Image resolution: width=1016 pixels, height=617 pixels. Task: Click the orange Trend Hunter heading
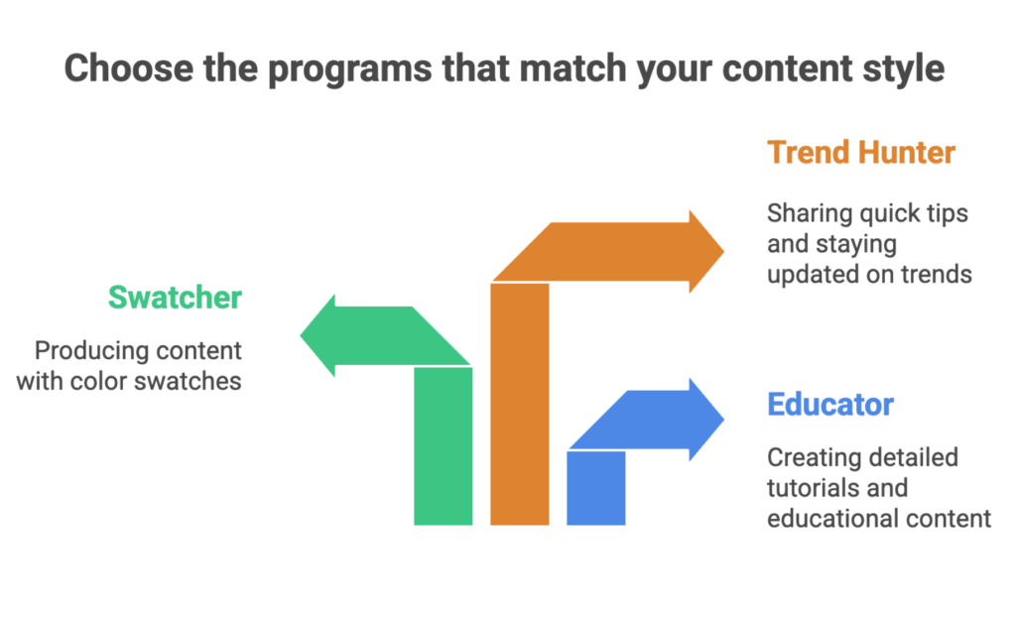pos(860,153)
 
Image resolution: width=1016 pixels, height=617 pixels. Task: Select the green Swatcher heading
pos(175,297)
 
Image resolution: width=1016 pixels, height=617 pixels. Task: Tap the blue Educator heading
pos(830,405)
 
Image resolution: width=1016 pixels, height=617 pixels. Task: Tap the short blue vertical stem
pos(596,487)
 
